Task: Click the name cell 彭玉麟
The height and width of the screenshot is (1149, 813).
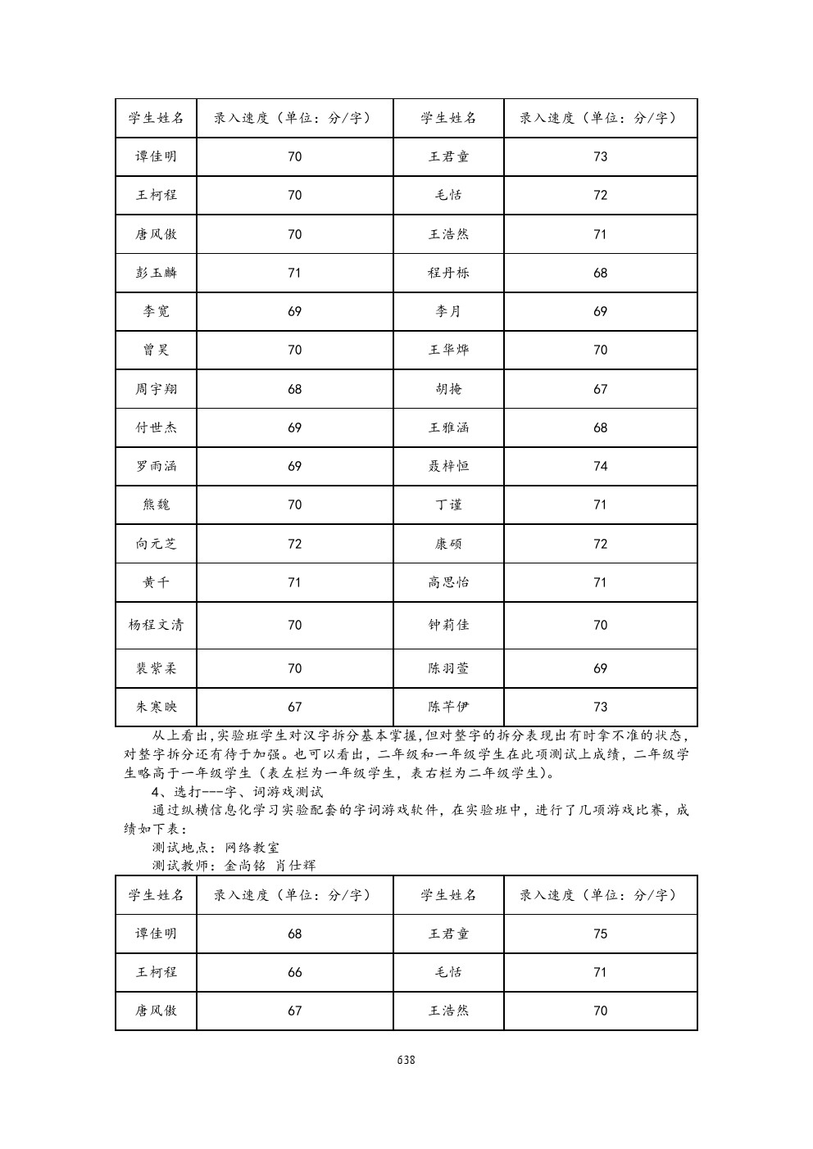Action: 156,273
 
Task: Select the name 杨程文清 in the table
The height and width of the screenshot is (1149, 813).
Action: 156,625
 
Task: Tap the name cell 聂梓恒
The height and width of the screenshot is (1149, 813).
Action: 448,466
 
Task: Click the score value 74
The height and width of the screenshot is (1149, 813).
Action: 600,466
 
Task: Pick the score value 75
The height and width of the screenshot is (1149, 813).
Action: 600,934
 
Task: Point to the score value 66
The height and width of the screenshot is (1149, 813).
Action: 294,972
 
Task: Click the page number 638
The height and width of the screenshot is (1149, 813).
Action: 406,1060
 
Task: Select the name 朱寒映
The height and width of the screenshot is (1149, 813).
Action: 156,707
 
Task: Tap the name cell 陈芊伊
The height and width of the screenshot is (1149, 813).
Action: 448,707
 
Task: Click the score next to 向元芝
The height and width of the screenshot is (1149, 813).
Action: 294,544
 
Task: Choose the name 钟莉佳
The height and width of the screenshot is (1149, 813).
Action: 448,625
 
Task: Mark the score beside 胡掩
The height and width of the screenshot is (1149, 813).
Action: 600,389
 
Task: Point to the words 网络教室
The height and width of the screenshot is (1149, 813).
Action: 252,848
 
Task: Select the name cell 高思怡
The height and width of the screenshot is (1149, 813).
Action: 448,582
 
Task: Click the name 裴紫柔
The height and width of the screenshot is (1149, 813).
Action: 156,668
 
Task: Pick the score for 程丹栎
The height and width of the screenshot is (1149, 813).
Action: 600,273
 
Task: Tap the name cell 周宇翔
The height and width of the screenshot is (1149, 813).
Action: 156,389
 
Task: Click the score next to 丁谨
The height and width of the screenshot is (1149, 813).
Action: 600,504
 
